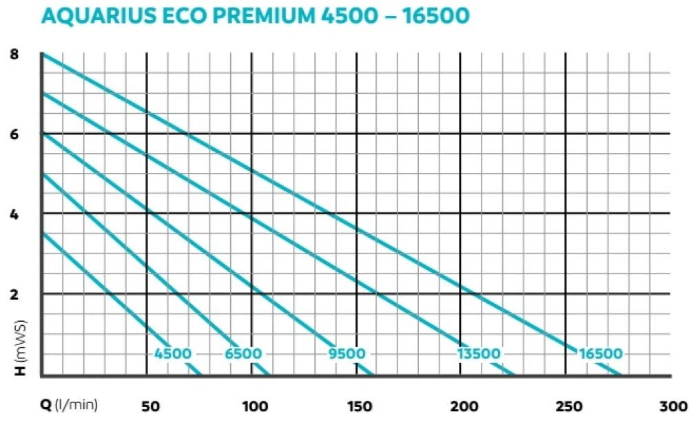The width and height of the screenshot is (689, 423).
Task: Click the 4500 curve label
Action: (x=172, y=354)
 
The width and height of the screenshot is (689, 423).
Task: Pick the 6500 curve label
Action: (x=243, y=354)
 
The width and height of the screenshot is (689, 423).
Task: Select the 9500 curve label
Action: (x=346, y=354)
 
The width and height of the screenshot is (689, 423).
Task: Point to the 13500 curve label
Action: (x=478, y=354)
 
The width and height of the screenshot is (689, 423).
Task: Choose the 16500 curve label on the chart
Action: (x=600, y=354)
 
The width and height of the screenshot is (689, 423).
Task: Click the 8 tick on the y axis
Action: (x=14, y=54)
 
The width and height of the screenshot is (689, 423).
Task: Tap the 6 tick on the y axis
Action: (x=14, y=134)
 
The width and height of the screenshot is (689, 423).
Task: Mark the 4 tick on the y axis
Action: (x=14, y=214)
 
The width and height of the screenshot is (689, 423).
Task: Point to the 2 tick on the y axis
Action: (x=14, y=293)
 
